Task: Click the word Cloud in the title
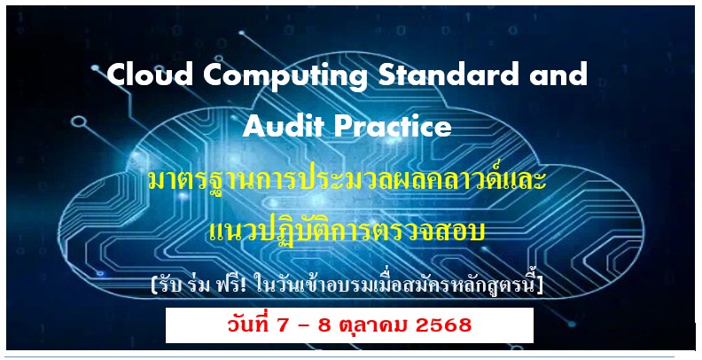(x=151, y=74)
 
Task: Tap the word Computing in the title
(x=285, y=77)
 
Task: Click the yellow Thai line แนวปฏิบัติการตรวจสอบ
(x=347, y=231)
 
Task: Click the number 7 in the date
(x=284, y=325)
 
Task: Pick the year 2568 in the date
(x=444, y=325)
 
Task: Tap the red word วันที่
(x=248, y=325)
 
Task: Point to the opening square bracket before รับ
(x=154, y=286)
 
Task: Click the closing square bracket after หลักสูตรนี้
(x=540, y=286)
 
